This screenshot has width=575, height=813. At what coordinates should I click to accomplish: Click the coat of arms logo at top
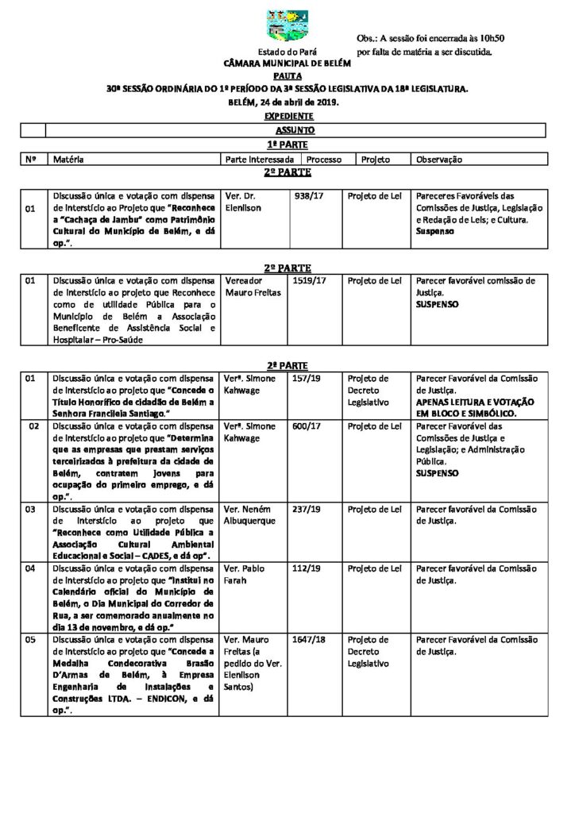[287, 25]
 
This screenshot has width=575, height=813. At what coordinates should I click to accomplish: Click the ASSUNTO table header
[295, 130]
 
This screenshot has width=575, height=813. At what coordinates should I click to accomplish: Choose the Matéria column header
[69, 160]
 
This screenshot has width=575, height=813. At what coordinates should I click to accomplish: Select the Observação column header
[438, 160]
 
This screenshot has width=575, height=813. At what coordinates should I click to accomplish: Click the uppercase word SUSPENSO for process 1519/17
[438, 304]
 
